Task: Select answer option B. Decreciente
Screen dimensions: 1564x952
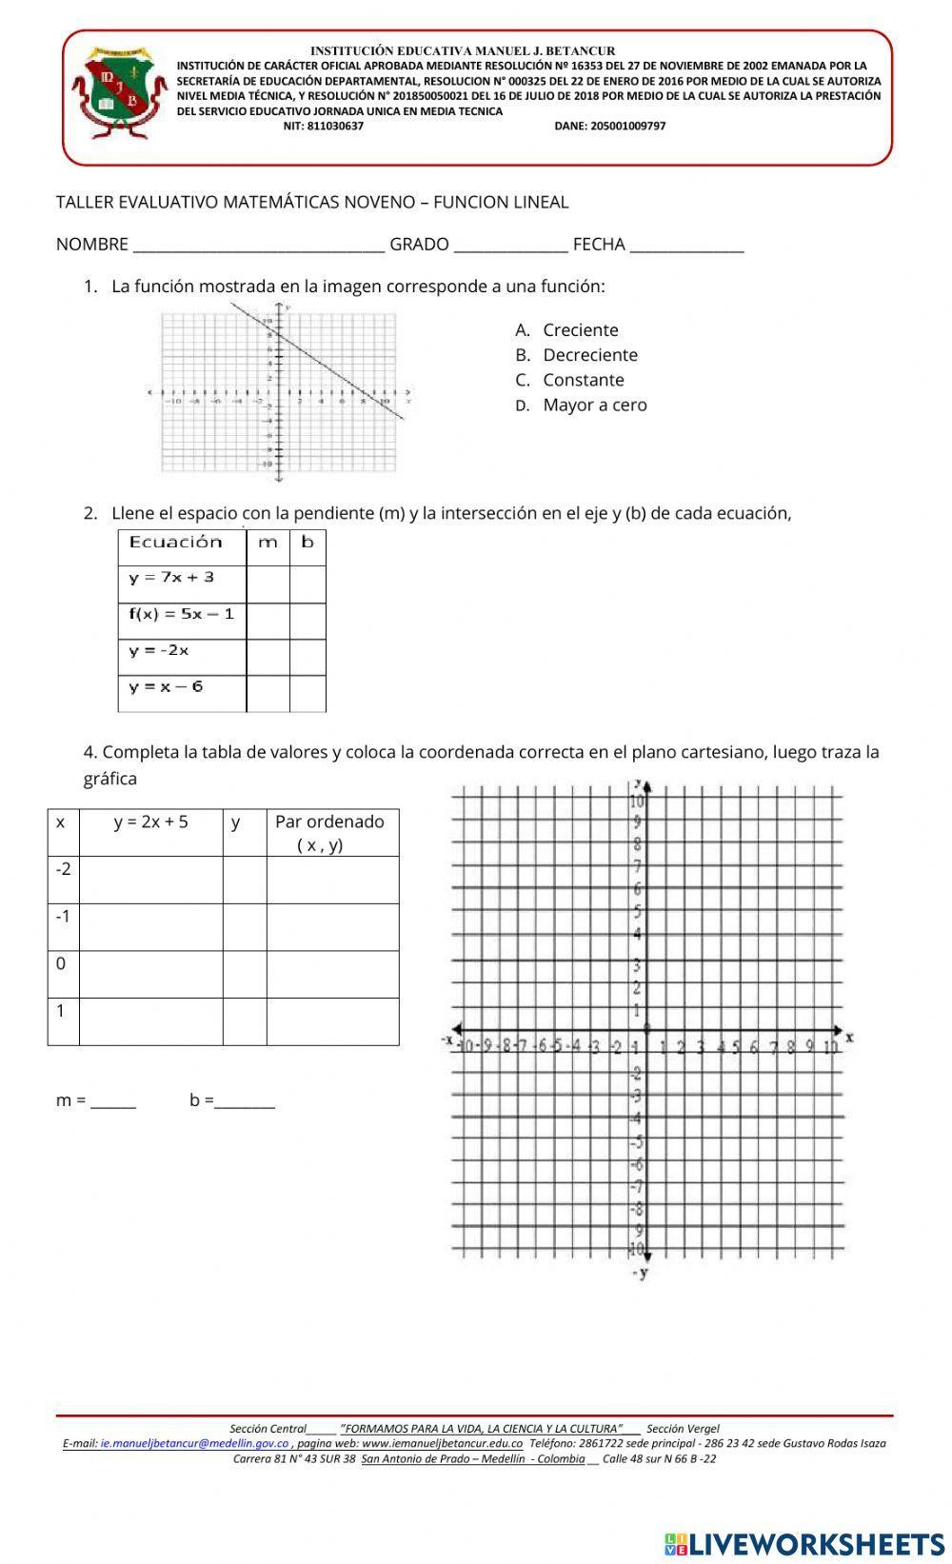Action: (x=589, y=355)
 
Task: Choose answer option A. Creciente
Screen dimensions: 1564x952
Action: (x=580, y=330)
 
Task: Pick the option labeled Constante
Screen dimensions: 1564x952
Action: (x=583, y=380)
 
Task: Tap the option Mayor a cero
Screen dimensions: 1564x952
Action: (x=594, y=405)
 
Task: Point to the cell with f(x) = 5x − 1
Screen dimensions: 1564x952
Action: (x=182, y=615)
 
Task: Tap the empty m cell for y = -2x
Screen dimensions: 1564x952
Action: (x=268, y=657)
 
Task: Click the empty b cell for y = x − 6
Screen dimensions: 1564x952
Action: (x=307, y=693)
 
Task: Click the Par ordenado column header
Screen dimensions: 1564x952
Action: (x=331, y=832)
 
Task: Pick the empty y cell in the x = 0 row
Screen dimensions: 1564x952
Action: (x=245, y=974)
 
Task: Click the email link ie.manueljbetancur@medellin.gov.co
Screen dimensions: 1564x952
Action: (x=194, y=1443)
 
